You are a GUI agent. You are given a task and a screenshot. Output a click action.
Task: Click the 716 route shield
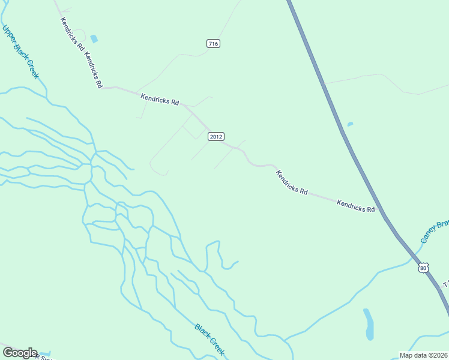213,43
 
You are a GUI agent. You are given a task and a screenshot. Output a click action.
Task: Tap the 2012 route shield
216,137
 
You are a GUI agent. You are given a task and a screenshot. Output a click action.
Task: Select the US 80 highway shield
424,267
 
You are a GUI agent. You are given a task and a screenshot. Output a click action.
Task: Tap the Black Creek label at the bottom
209,339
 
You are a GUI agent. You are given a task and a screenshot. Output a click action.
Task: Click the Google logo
20,353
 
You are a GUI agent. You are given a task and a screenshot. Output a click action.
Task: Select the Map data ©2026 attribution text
423,355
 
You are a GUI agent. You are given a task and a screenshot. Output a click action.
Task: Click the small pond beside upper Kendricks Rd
94,38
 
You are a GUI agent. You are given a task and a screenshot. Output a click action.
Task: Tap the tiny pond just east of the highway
350,124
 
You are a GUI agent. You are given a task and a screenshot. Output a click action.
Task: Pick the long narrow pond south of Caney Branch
369,324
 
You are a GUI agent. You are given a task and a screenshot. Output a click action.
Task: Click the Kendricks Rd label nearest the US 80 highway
355,206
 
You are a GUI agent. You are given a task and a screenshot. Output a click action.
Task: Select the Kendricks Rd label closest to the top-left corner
71,34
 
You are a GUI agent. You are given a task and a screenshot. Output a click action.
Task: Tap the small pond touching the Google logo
45,355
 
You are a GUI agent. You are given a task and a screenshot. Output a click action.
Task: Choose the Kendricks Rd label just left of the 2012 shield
160,99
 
